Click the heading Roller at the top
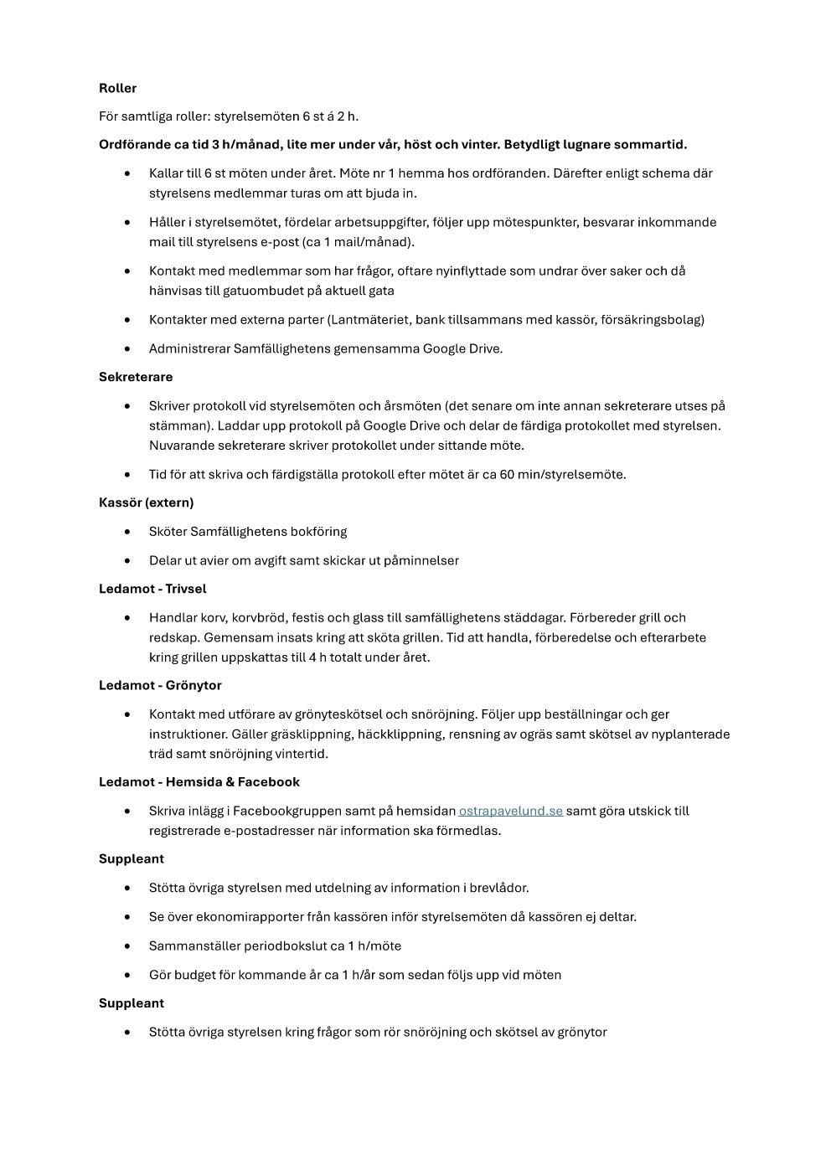(117, 88)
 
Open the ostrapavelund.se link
(510, 811)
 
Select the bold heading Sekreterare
(136, 377)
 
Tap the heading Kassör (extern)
(146, 502)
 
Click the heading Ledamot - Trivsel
(152, 589)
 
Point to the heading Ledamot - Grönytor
(160, 685)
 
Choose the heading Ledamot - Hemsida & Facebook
(199, 781)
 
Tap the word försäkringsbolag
(652, 319)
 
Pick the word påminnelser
(421, 560)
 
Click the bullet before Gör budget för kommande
(127, 975)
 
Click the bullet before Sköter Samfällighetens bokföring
(127, 532)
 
